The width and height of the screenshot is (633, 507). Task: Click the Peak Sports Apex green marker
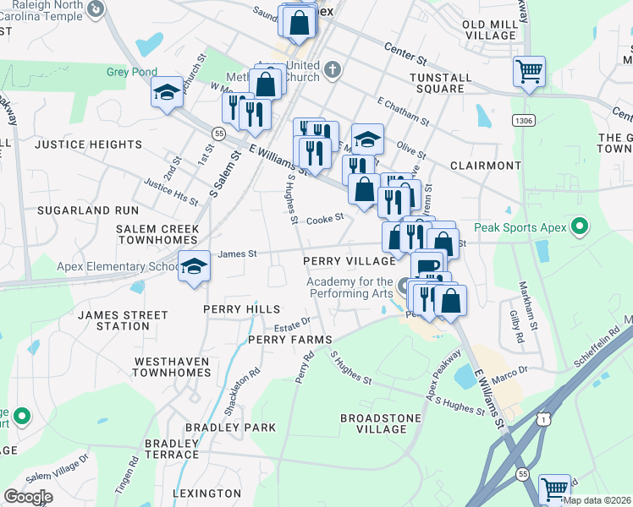(x=580, y=226)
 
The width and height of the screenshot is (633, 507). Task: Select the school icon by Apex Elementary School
(x=195, y=268)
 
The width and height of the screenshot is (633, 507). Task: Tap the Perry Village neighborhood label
(x=350, y=261)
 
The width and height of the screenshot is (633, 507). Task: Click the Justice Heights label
(x=89, y=144)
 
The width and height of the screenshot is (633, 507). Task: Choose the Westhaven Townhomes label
(x=172, y=366)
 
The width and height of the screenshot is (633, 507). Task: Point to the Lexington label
(x=207, y=493)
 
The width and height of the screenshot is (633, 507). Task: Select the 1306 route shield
(x=523, y=122)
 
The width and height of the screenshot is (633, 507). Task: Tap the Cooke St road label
(x=325, y=218)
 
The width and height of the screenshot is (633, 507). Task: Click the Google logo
(x=28, y=497)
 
